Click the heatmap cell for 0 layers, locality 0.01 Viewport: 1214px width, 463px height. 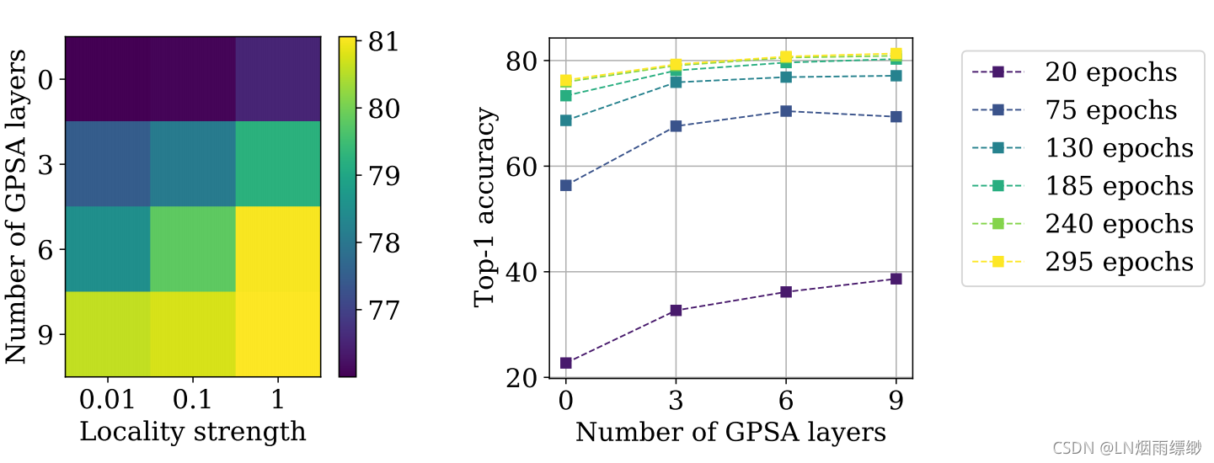(x=107, y=78)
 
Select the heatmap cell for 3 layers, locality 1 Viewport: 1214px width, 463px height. (x=278, y=164)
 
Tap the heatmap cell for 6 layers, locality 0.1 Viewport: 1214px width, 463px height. (x=193, y=249)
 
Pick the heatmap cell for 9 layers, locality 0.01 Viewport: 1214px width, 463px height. (x=107, y=334)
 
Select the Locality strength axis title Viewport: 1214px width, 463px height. (x=192, y=432)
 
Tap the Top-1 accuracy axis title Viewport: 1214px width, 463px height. (x=486, y=207)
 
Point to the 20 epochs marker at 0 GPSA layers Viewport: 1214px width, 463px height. (x=565, y=363)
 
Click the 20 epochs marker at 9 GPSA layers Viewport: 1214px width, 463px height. (x=896, y=279)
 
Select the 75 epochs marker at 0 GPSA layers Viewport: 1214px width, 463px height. (x=565, y=185)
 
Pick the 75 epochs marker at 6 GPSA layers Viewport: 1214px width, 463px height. (x=786, y=111)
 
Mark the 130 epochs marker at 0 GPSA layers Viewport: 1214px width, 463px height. (x=565, y=120)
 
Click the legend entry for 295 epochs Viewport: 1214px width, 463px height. (x=1083, y=262)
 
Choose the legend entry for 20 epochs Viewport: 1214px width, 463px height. (x=1083, y=72)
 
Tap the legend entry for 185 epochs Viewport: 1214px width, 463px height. (x=1083, y=186)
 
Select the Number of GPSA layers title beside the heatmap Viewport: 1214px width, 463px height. (x=19, y=207)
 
